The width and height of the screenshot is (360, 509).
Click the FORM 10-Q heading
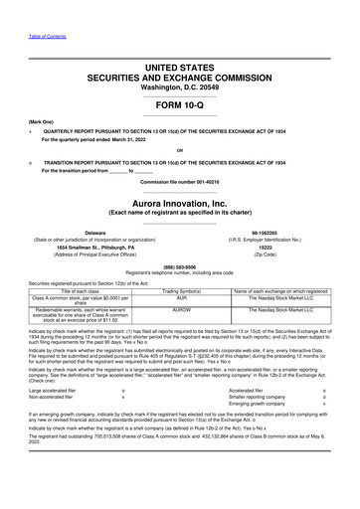click(x=179, y=104)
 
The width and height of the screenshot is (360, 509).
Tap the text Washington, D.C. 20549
click(x=179, y=87)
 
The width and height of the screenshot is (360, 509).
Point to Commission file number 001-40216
click(x=179, y=182)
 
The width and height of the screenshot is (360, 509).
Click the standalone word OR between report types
click(x=179, y=152)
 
